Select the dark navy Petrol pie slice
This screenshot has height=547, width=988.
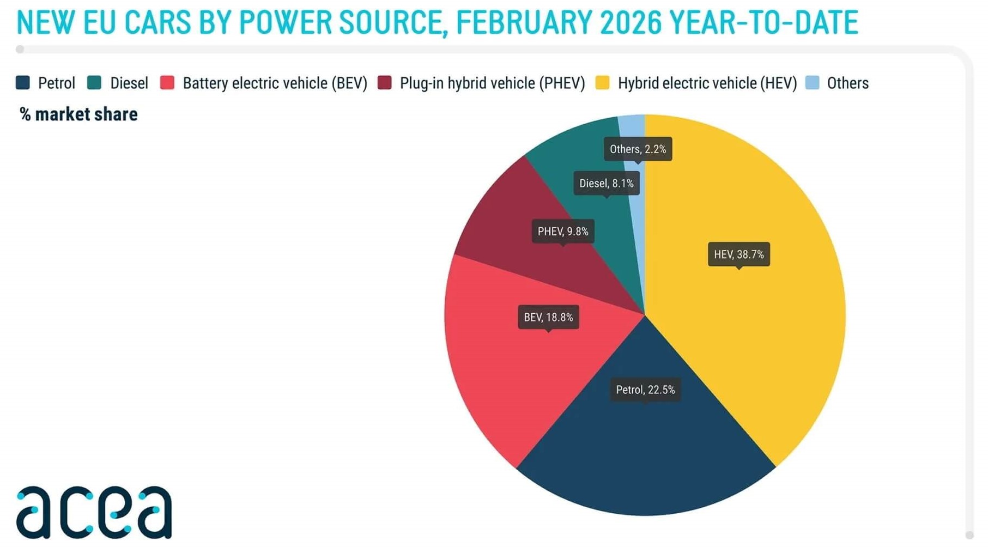click(646, 452)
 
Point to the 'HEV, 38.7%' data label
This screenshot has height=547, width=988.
click(738, 254)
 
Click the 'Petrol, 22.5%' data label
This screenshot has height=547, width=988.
click(645, 390)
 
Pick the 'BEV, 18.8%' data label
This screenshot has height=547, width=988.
click(548, 317)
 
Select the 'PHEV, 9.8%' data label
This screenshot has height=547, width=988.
click(563, 232)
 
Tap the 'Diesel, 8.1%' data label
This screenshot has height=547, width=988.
click(607, 183)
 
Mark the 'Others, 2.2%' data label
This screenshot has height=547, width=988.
click(638, 149)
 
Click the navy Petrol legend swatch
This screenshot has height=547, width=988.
click(23, 83)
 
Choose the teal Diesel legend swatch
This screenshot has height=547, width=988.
click(94, 83)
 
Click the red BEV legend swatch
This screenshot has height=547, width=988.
click(167, 83)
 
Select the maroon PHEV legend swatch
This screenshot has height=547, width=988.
click(385, 83)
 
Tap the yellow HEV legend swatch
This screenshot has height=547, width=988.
click(602, 83)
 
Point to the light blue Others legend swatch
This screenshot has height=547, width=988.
click(812, 83)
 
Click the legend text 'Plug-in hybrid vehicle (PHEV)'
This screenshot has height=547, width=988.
click(492, 83)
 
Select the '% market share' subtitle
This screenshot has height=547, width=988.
click(78, 114)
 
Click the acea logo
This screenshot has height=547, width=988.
click(94, 512)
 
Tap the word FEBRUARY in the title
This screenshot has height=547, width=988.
click(523, 23)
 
